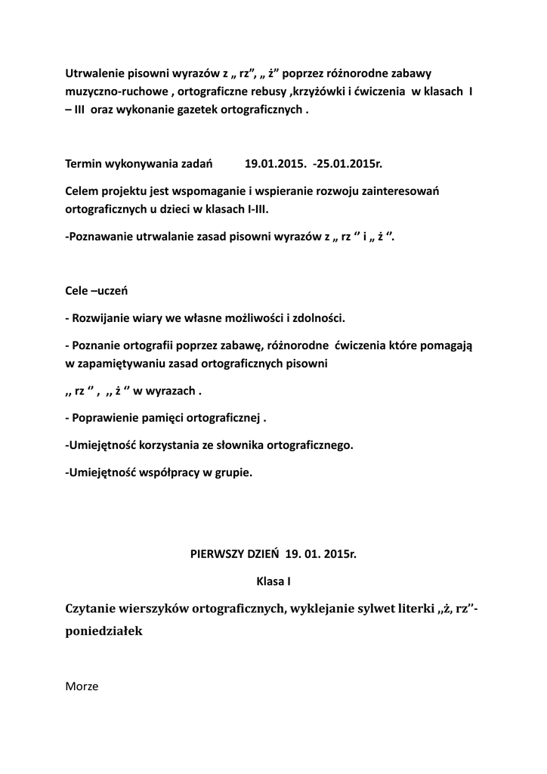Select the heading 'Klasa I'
273,581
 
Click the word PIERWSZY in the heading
215,553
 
